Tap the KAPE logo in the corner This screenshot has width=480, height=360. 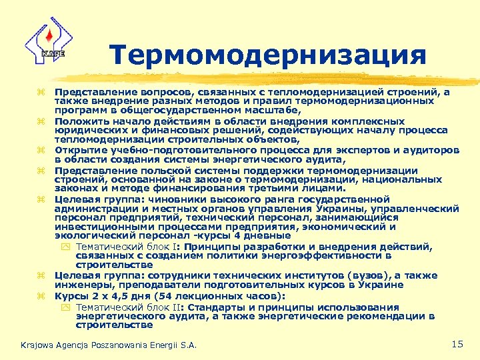pos(45,41)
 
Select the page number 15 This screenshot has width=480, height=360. pos(457,343)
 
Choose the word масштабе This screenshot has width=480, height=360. pos(263,111)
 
